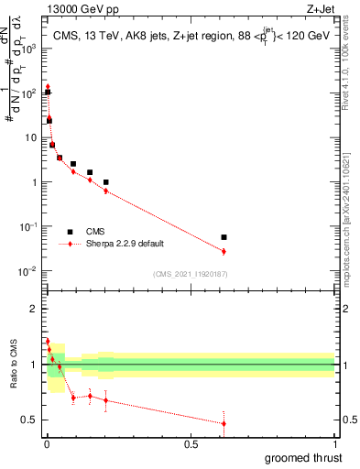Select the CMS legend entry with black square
92,232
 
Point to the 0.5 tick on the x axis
191,444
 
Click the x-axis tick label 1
336,444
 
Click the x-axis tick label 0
46,444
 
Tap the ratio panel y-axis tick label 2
35,309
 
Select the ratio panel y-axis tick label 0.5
30,420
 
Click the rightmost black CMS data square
224,237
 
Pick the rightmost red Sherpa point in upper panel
224,251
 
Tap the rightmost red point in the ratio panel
224,423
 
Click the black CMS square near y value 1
106,182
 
